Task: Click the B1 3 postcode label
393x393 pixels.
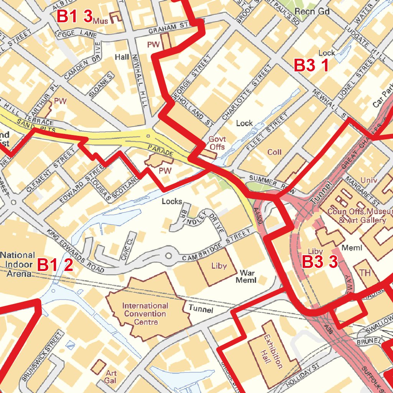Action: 75,16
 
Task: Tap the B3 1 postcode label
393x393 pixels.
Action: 311,66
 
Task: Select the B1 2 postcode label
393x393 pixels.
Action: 55,265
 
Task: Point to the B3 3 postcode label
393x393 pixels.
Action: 320,263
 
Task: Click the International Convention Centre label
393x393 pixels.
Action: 145,314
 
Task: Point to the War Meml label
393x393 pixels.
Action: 248,276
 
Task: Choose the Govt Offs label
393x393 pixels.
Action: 217,143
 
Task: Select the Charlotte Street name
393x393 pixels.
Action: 246,92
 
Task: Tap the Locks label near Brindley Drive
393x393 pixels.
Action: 172,201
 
